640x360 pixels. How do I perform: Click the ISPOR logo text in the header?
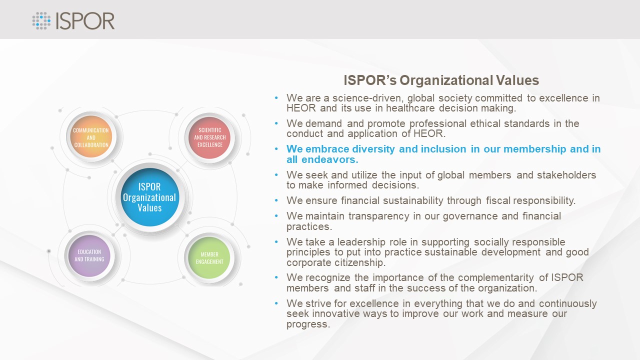85,21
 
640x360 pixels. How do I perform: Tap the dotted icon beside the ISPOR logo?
41,20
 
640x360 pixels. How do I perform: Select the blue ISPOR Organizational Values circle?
150,197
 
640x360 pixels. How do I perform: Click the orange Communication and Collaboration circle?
91,137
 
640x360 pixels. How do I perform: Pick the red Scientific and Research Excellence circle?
209,137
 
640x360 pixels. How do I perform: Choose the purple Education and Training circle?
89,255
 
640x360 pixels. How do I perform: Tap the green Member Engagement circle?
209,257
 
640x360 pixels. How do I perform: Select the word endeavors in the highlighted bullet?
329,159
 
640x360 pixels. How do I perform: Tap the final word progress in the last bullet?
308,324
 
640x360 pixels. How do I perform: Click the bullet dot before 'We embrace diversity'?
276,149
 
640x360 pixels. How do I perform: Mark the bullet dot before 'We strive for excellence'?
276,303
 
